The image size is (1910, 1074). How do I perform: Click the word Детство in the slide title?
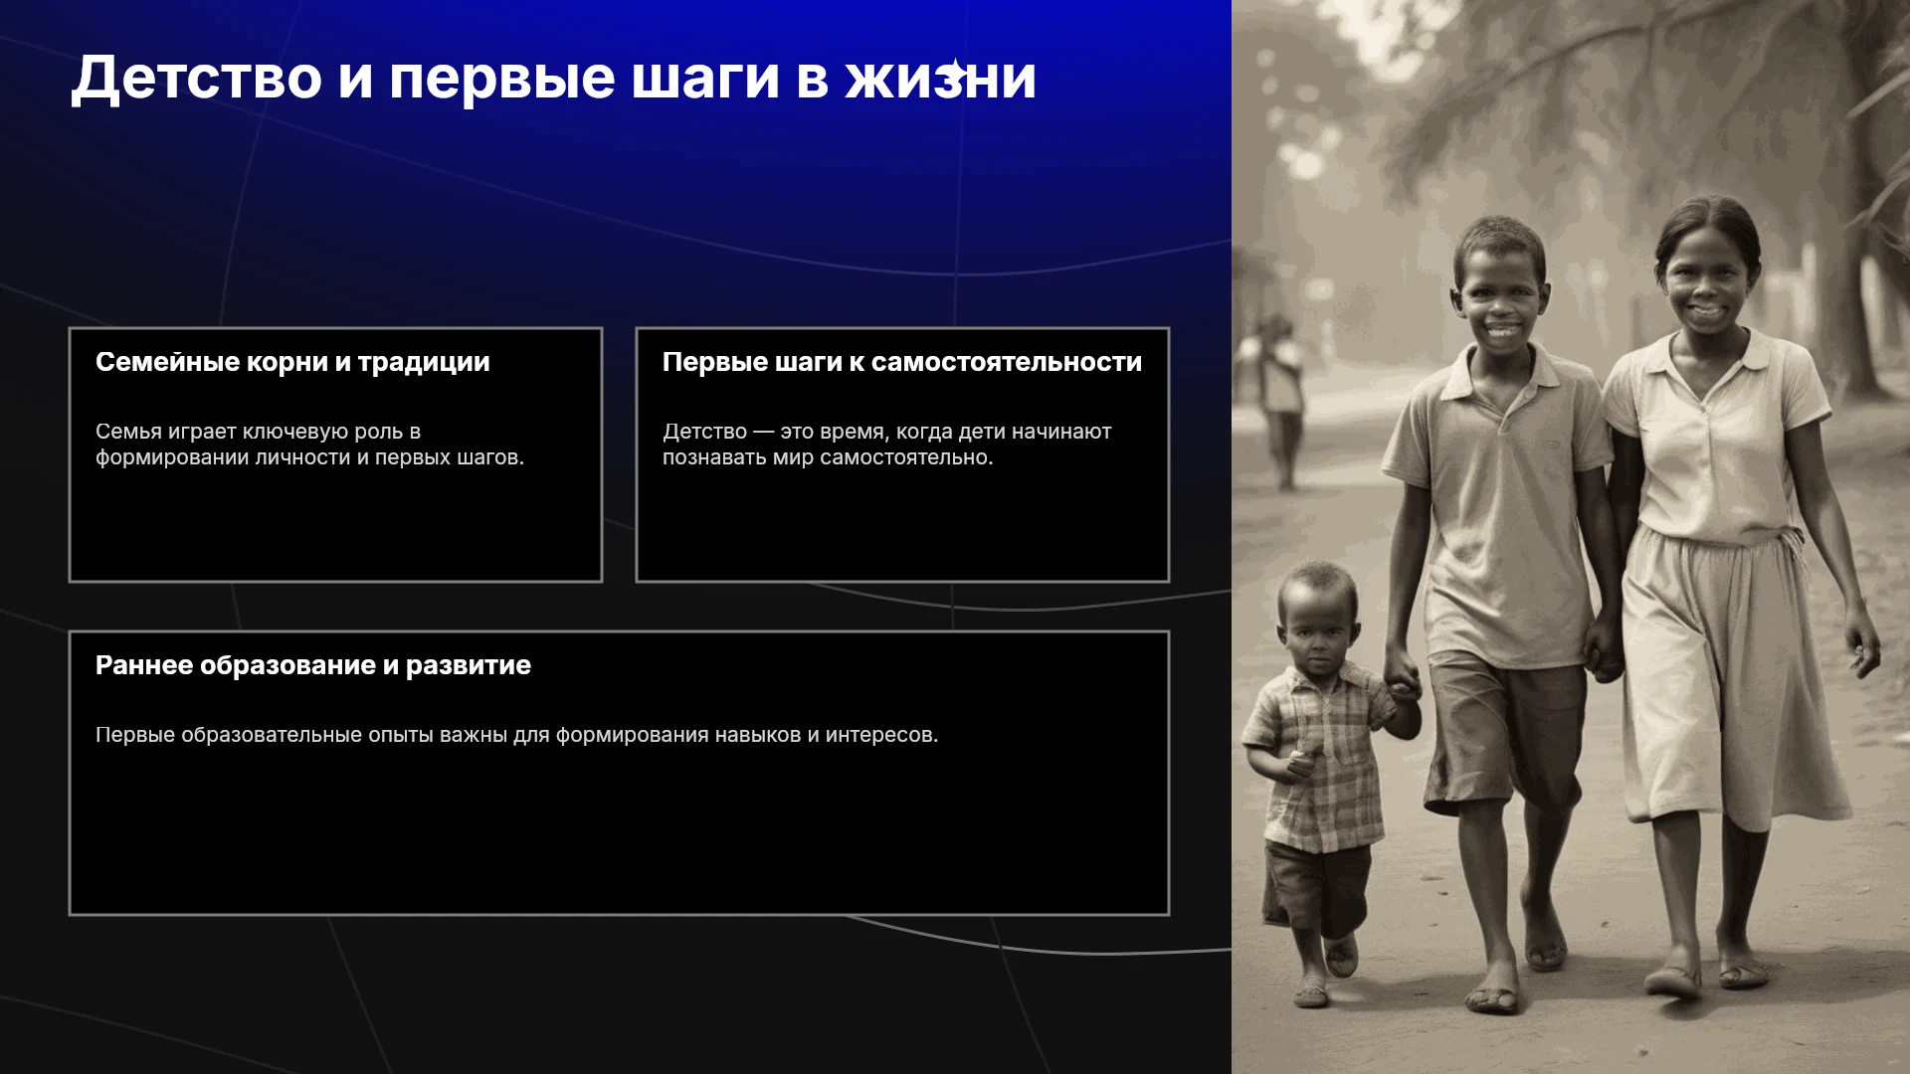click(196, 78)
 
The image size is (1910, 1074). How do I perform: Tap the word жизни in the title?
click(941, 78)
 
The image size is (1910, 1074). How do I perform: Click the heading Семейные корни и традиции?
click(292, 362)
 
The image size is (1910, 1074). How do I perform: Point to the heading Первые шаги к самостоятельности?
click(902, 362)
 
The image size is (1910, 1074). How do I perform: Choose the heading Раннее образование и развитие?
click(313, 665)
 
